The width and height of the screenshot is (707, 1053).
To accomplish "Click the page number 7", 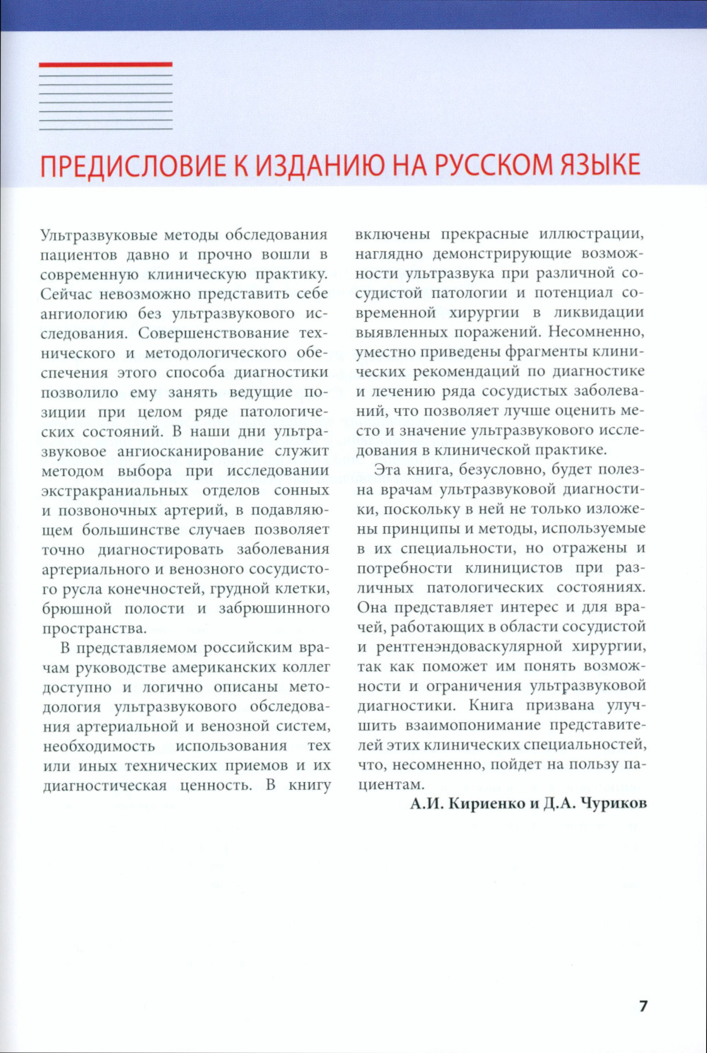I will pos(643,1006).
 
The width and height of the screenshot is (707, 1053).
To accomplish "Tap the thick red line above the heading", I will pos(105,64).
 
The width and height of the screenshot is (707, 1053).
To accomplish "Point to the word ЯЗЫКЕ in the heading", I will pos(600,165).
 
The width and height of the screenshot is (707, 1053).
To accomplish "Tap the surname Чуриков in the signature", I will pos(613,804).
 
